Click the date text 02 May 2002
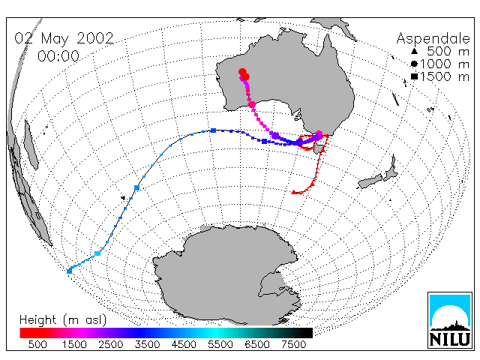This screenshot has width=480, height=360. [64, 38]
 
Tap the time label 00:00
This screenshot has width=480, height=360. [58, 56]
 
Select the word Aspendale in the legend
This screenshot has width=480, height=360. [433, 39]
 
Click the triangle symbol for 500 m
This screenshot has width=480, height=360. [414, 51]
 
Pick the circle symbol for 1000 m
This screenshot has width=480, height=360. [414, 64]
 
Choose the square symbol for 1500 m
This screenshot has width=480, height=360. [414, 76]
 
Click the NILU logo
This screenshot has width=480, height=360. [450, 320]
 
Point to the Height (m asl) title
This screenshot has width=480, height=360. [63, 320]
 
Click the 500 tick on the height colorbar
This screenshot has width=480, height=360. [37, 345]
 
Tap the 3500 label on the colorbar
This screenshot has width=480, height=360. [147, 345]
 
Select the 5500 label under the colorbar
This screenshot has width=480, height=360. [220, 345]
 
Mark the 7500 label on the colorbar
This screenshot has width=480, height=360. [293, 345]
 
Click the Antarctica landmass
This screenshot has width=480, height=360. [226, 272]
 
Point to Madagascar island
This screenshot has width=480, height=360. [31, 145]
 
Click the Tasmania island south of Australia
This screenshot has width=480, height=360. [318, 149]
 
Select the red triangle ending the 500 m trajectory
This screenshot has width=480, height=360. [294, 192]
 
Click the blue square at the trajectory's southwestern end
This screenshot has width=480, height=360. [70, 271]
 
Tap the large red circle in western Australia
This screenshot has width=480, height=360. [242, 72]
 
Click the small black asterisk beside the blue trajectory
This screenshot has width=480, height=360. [123, 198]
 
